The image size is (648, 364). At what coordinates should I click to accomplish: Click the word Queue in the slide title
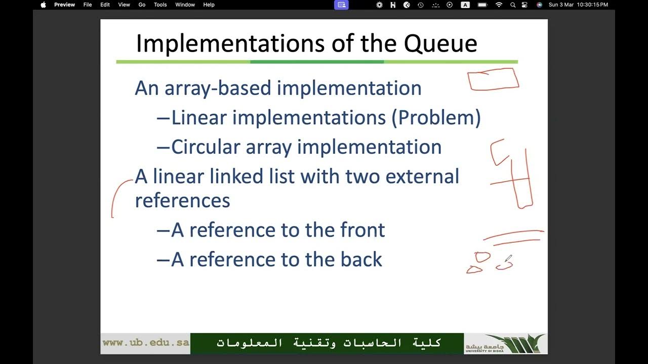(x=440, y=43)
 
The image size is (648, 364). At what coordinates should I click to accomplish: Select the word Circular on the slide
(x=205, y=147)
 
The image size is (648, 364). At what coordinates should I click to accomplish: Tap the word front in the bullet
(x=362, y=230)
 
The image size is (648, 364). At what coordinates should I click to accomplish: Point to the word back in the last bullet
(x=361, y=259)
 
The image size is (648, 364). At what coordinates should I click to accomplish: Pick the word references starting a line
(x=182, y=200)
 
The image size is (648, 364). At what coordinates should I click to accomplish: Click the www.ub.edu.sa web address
(x=146, y=343)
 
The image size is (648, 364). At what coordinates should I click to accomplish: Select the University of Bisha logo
(x=505, y=343)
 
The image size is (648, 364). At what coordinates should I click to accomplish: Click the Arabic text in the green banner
(x=329, y=343)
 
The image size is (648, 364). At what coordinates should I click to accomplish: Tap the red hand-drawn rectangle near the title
(x=493, y=79)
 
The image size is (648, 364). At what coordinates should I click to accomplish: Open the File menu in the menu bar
(x=88, y=5)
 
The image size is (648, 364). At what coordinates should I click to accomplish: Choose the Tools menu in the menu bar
(x=160, y=5)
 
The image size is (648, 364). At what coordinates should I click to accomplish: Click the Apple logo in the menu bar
(x=43, y=5)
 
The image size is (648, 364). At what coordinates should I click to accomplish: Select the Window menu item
(x=185, y=5)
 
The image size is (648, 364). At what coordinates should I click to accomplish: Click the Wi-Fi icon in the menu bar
(x=499, y=5)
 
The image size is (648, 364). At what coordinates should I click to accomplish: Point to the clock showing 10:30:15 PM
(x=592, y=5)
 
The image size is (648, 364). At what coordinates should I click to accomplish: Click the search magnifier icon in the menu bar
(x=513, y=5)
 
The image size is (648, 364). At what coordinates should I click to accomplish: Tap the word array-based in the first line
(x=217, y=88)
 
